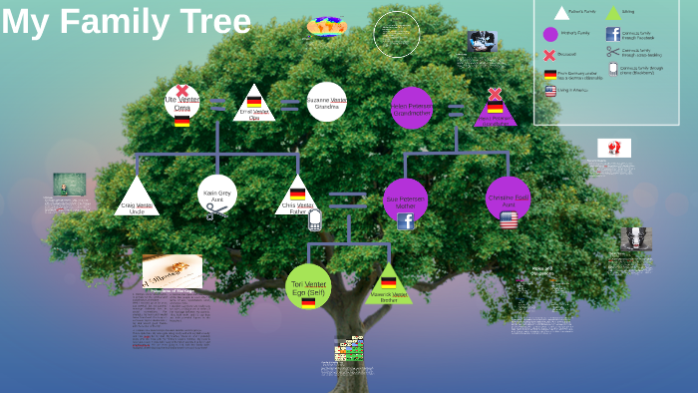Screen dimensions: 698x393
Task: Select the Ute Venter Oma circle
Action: pyautogui.click(x=182, y=103)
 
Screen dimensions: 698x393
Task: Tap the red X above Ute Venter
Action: pyautogui.click(x=182, y=91)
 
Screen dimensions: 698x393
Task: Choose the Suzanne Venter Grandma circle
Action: pyautogui.click(x=326, y=102)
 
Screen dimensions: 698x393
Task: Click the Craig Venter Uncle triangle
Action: pyautogui.click(x=138, y=198)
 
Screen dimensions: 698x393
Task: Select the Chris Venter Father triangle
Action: pyautogui.click(x=297, y=197)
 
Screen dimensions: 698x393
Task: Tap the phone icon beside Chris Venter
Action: pyautogui.click(x=315, y=218)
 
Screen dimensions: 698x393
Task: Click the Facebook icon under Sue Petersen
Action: pyautogui.click(x=406, y=221)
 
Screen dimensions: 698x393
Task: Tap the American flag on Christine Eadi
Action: pyautogui.click(x=509, y=218)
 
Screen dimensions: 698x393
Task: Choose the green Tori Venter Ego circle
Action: pyautogui.click(x=308, y=285)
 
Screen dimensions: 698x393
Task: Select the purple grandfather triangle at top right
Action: pyautogui.click(x=496, y=109)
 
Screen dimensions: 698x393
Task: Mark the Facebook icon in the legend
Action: pyautogui.click(x=612, y=34)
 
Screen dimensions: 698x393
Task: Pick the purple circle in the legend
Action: pyautogui.click(x=550, y=34)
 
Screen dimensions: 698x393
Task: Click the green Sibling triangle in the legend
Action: pyautogui.click(x=613, y=13)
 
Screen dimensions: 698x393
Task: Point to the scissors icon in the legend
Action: pyautogui.click(x=612, y=52)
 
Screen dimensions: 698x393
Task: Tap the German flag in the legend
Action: pyautogui.click(x=550, y=74)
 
